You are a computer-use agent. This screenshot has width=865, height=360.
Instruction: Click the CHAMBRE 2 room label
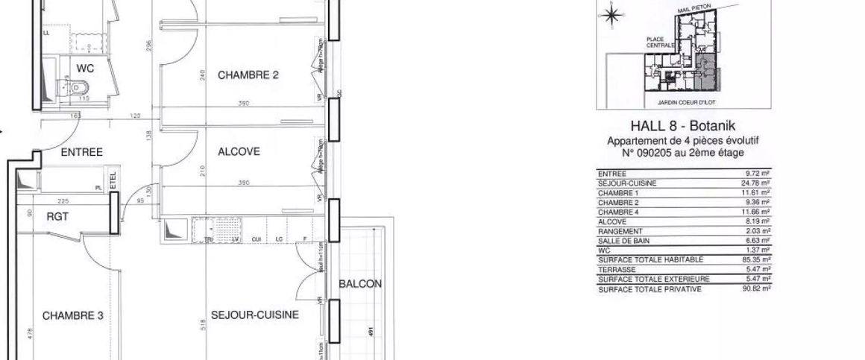[x=248, y=75]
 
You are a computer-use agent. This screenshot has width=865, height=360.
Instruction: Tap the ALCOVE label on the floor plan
[x=239, y=151]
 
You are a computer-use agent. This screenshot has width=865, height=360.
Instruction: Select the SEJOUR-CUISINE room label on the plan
[x=254, y=315]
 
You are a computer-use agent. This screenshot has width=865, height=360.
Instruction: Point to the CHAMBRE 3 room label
[x=72, y=315]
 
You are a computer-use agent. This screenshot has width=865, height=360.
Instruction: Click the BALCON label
[x=360, y=284]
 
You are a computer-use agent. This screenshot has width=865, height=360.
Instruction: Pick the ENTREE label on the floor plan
[x=81, y=152]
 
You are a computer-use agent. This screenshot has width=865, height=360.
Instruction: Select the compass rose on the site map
[x=611, y=15]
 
